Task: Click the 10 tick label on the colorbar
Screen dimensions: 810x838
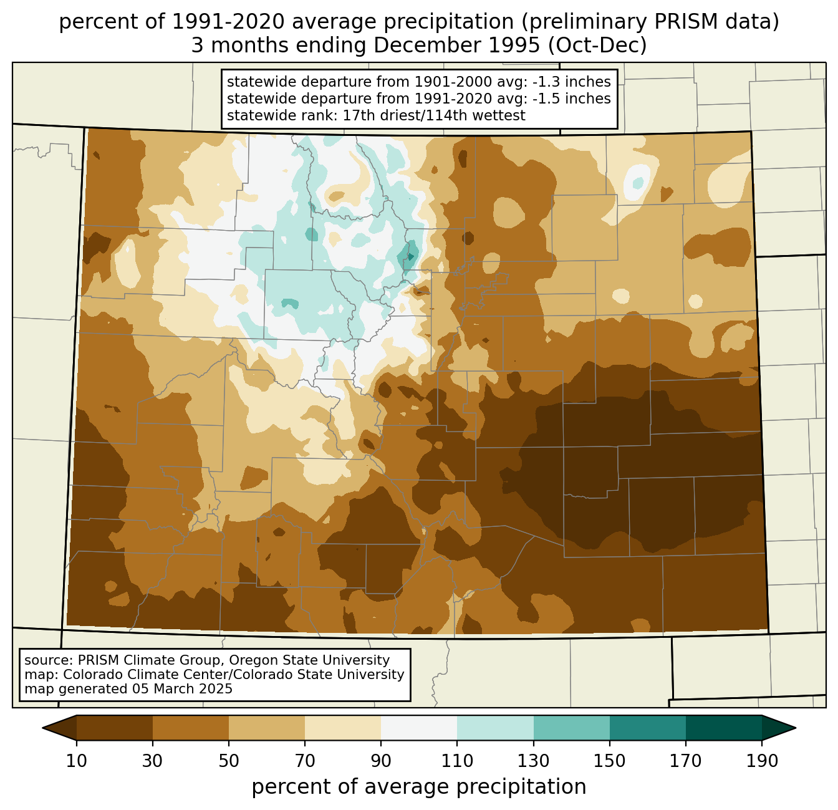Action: point(77,761)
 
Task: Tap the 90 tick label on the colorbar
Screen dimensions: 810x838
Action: point(381,761)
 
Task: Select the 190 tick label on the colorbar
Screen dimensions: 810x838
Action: point(762,761)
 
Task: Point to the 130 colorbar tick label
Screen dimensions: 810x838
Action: point(534,761)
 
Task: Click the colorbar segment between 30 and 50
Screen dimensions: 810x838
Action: point(191,728)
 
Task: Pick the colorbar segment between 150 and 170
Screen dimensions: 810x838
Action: point(648,728)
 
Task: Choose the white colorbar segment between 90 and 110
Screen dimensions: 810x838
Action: point(419,728)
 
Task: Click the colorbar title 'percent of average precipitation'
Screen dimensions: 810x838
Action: point(419,787)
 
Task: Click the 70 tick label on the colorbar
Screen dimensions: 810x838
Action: point(305,761)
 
